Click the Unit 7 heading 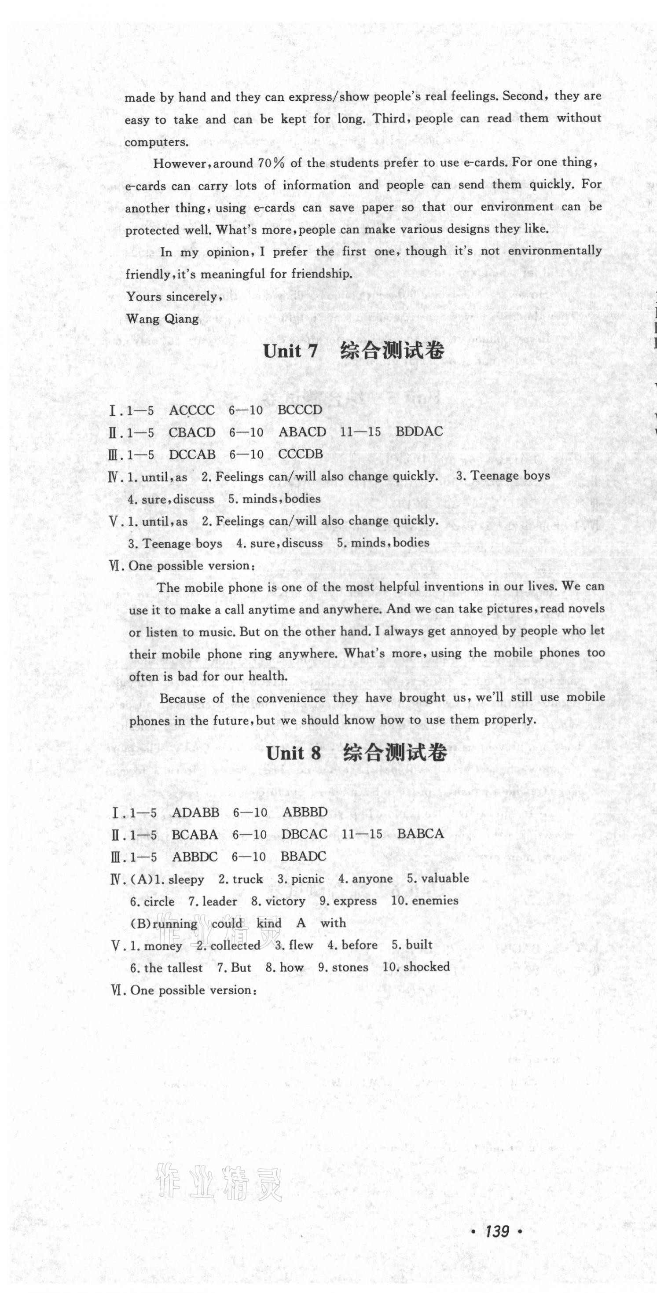point(353,351)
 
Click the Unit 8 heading point(356,753)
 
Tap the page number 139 point(497,1231)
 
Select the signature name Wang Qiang point(162,319)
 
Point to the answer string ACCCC point(191,410)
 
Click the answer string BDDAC point(419,432)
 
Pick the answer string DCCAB point(192,454)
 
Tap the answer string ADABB point(195,812)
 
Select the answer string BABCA point(421,834)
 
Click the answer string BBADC point(303,856)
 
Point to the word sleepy point(186,879)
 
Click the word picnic point(307,879)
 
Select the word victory point(285,901)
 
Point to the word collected point(235,945)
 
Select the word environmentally point(554,251)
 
